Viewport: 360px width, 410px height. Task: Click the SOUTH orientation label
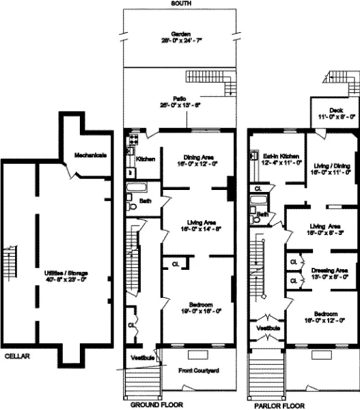click(x=181, y=3)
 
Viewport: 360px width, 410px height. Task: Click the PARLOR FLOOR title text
click(x=278, y=405)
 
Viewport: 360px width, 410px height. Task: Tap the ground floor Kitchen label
click(x=146, y=159)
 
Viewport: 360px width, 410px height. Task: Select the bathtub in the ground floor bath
click(x=137, y=187)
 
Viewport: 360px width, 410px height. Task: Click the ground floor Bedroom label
click(x=196, y=307)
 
